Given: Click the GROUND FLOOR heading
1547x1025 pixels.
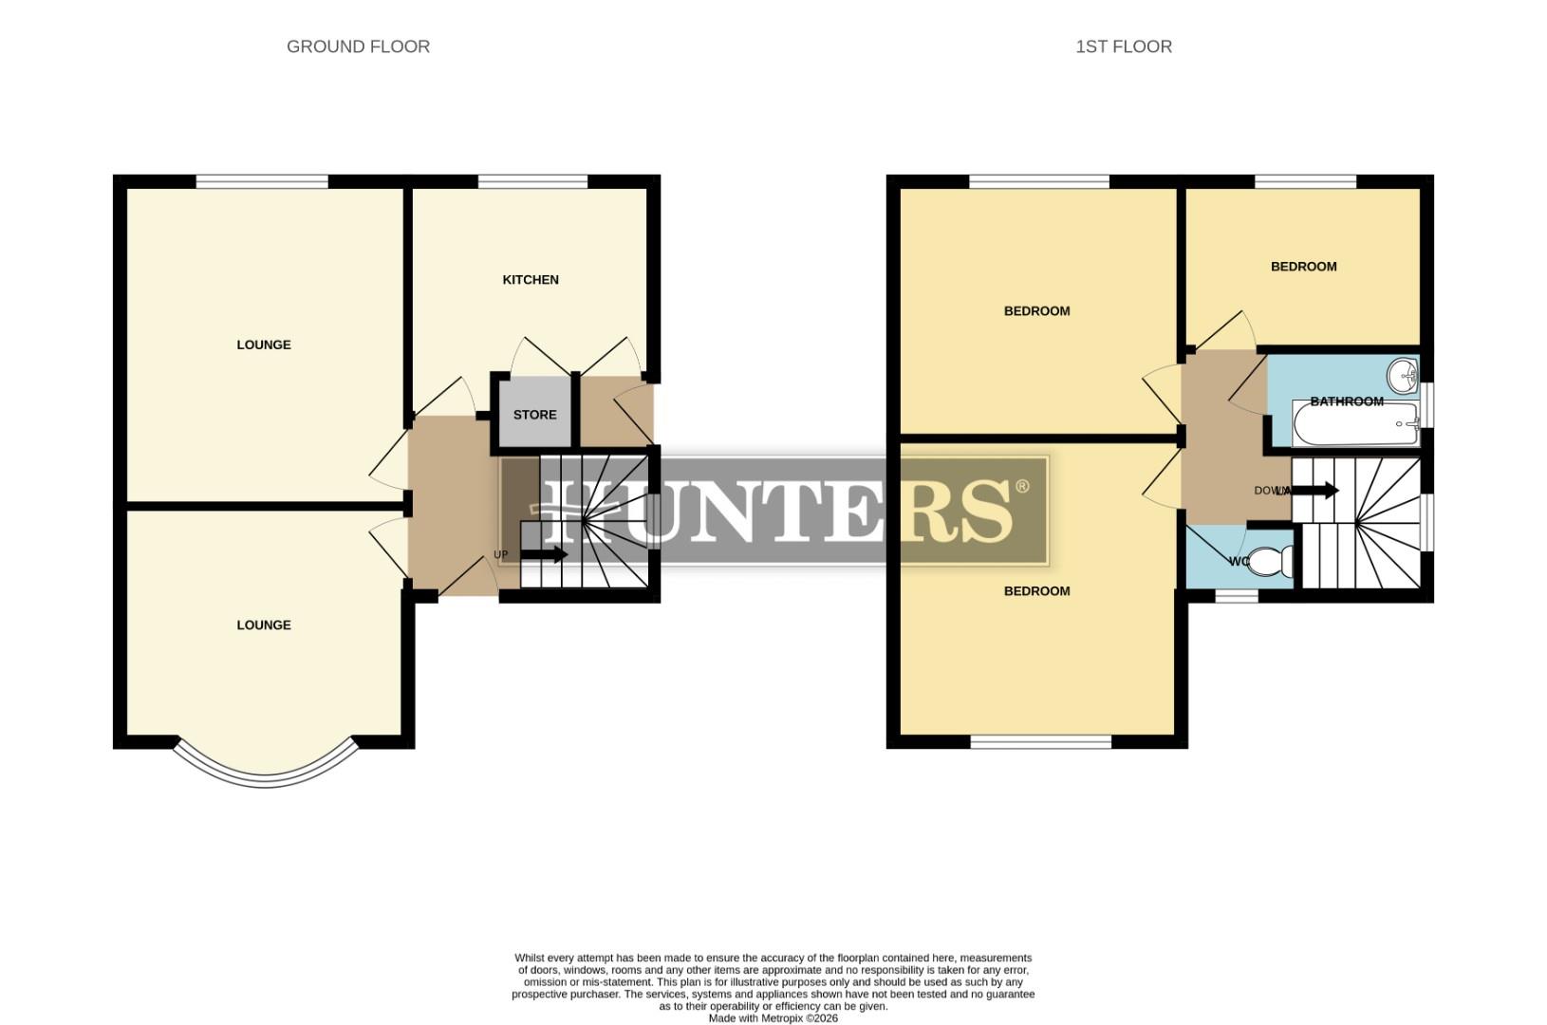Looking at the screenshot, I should pos(358,47).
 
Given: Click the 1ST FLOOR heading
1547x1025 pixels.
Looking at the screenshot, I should pos(1123,47).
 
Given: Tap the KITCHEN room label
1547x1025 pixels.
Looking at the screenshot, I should pos(530,280).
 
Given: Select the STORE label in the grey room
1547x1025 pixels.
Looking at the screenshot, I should pos(534,415).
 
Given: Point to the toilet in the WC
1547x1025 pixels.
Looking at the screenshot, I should pos(1269,561).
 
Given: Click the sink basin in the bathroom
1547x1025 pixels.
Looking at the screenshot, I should pos(1402,376).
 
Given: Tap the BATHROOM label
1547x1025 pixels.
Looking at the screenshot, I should pos(1346,401).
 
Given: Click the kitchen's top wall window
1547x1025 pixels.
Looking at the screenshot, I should pos(532,181).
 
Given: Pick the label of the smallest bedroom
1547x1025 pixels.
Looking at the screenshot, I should pos(1303,267).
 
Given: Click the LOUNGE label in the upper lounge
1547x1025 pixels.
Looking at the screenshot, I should pos(264,345).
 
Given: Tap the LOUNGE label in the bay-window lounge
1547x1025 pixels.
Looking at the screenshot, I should pos(264,624).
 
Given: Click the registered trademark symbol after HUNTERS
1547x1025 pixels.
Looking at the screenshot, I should pos(1022,487).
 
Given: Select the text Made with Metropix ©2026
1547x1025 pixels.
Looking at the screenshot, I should pos(773,1018).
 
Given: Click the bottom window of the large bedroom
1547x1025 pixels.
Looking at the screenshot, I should pos(1040,741).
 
